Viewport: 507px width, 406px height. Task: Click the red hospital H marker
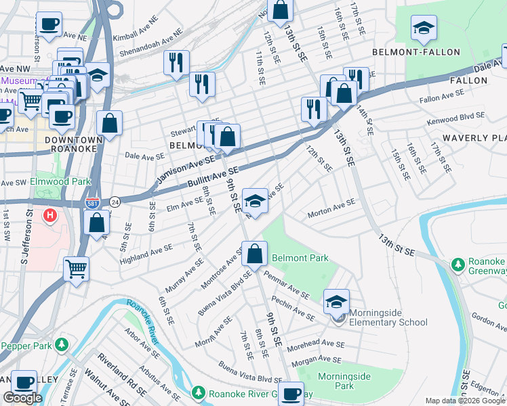(x=49, y=217)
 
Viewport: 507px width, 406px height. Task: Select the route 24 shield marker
(x=115, y=202)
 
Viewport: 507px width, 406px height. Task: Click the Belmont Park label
(x=300, y=258)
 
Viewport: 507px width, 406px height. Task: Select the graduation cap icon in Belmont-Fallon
(x=423, y=28)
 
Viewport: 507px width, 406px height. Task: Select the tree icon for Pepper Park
(x=62, y=345)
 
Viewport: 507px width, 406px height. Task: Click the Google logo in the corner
(x=22, y=398)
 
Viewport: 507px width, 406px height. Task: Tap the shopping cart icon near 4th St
(x=76, y=269)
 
